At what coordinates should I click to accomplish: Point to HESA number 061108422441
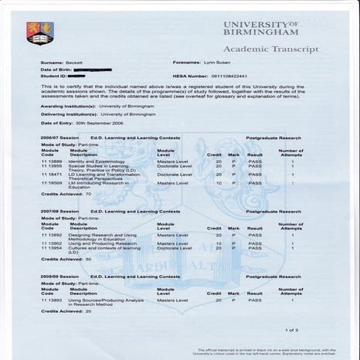pos(231,76)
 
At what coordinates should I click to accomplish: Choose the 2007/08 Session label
pos(59,211)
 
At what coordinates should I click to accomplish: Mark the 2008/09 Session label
pos(59,276)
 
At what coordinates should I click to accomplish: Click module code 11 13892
pos(52,234)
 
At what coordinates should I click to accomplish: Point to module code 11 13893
pos(52,299)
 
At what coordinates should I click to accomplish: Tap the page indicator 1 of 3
pos(291,330)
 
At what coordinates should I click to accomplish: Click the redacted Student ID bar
pos(76,76)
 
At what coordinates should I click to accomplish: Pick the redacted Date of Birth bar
pos(97,69)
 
